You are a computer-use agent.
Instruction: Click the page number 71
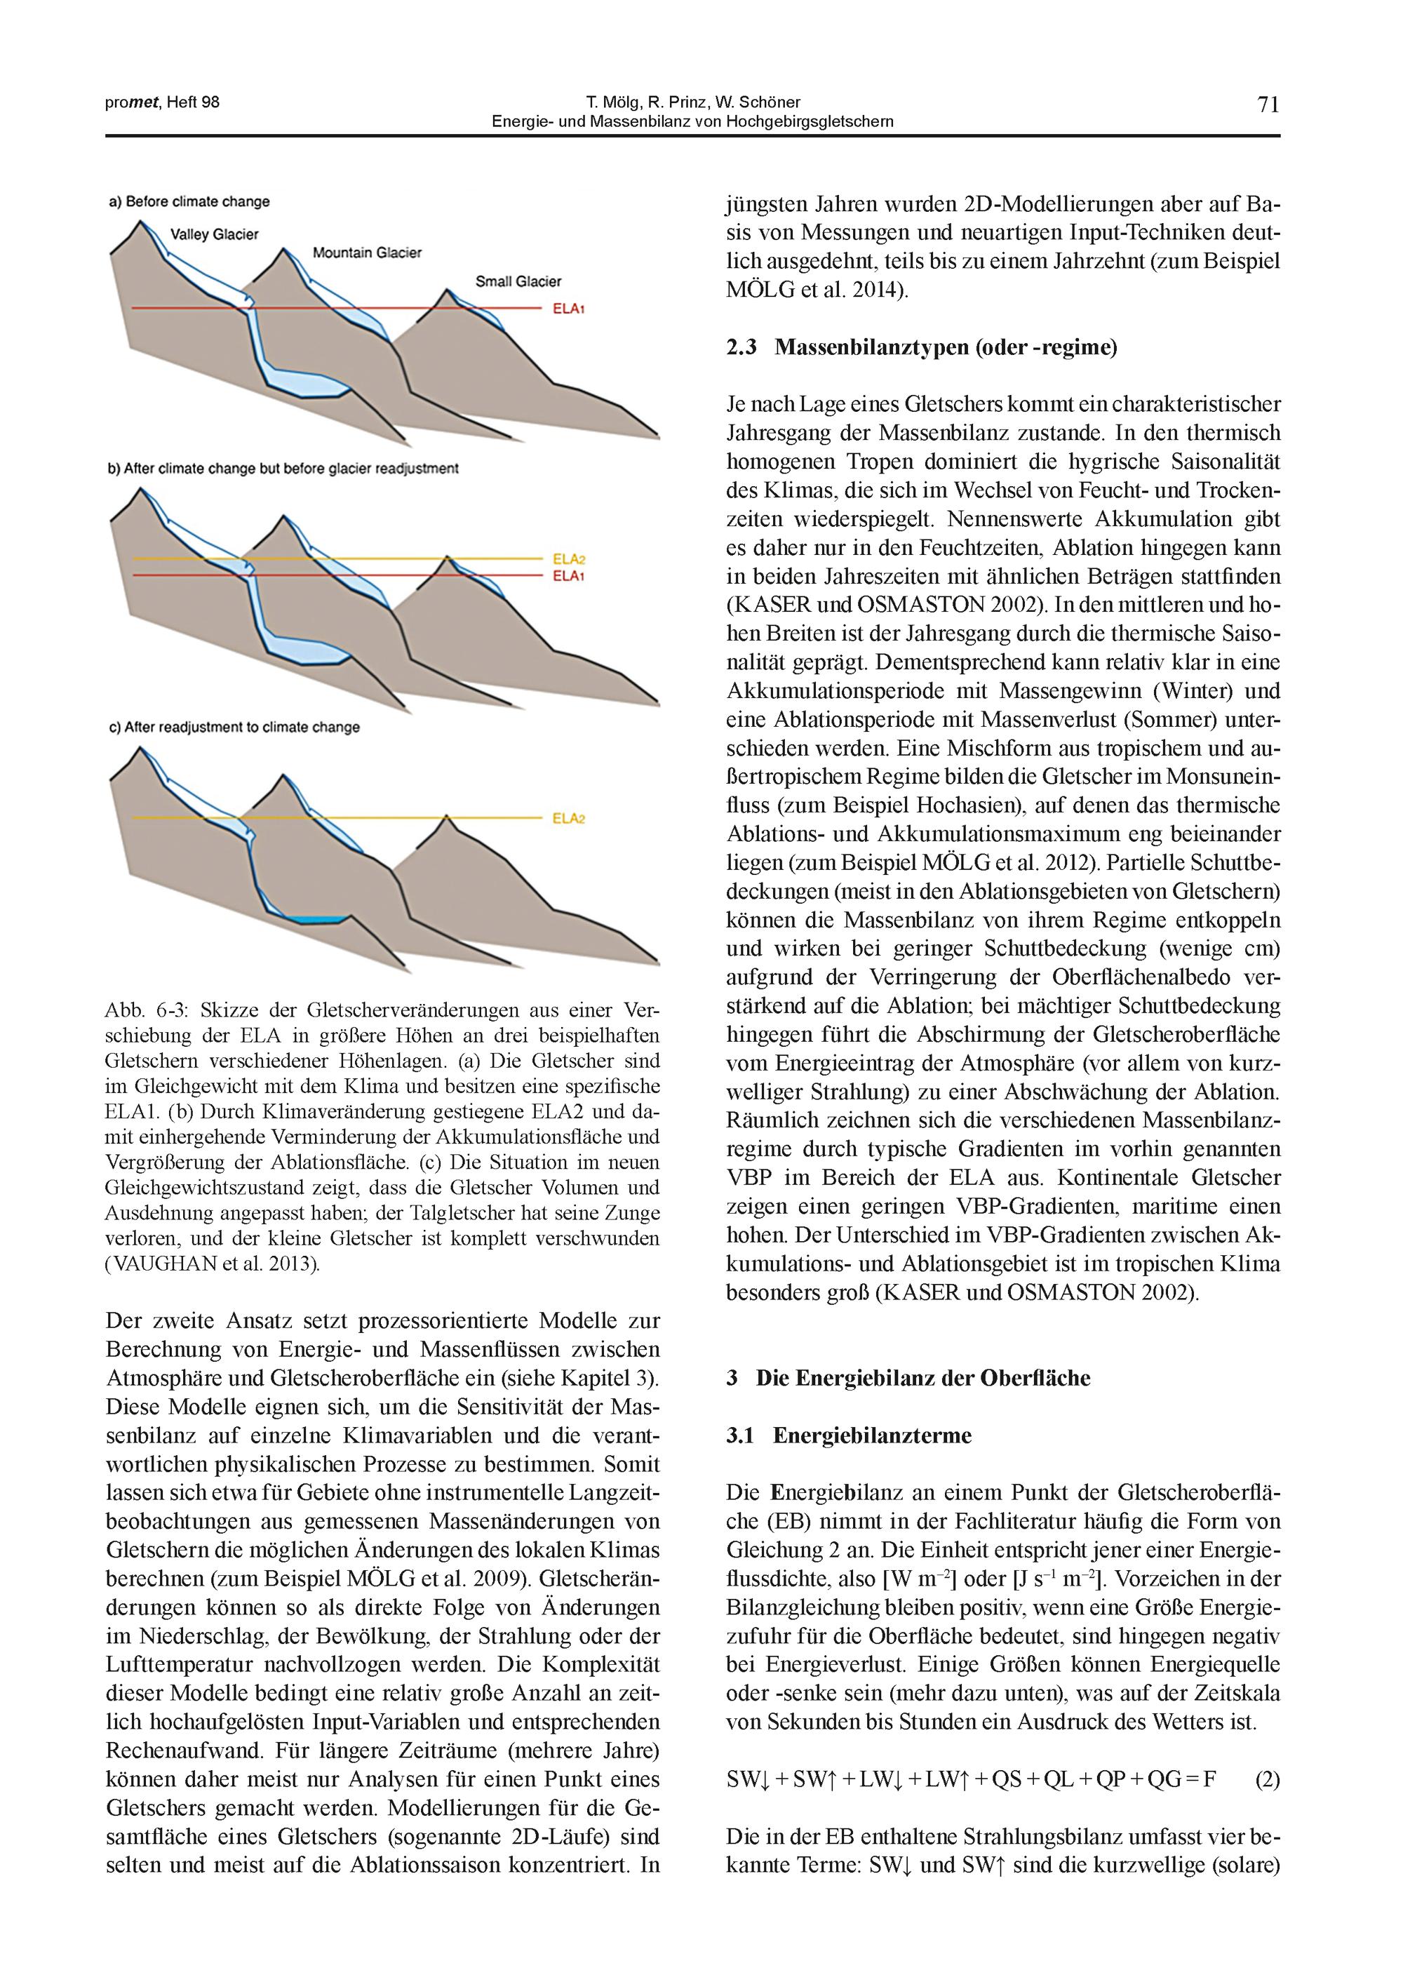1268,105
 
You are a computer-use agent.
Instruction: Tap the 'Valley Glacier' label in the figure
214,234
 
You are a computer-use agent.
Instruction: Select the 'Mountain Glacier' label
367,253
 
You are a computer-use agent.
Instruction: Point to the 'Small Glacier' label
518,281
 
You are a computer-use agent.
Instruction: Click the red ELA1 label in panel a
568,307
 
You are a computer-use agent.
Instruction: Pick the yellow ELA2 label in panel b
568,559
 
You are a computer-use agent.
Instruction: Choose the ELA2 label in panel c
568,817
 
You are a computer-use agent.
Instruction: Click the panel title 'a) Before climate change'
189,202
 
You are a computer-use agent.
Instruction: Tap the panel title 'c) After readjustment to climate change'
234,727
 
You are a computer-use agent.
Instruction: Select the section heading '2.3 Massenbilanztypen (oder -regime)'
921,347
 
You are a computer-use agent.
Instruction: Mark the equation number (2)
1266,1780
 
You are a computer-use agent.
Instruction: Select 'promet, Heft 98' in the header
163,102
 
